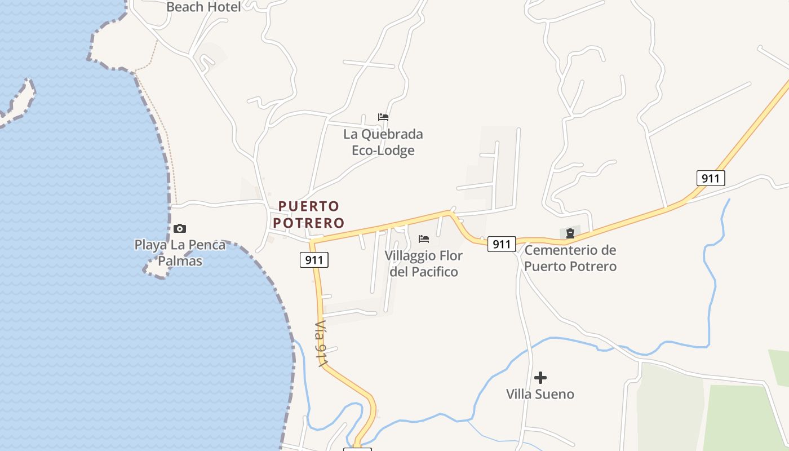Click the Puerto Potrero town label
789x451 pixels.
click(x=309, y=214)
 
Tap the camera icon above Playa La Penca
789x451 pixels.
click(x=180, y=228)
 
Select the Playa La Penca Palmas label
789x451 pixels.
click(x=180, y=253)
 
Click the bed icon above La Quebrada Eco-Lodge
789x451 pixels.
click(x=383, y=117)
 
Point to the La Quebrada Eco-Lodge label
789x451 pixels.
click(x=383, y=142)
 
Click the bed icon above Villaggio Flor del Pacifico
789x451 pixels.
click(x=424, y=239)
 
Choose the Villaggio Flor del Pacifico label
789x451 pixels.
click(x=424, y=264)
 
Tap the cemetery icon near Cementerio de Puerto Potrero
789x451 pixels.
click(x=570, y=233)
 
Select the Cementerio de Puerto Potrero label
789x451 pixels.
click(x=570, y=258)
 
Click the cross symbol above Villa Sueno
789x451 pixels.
click(x=540, y=377)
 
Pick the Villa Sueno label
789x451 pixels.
click(x=540, y=394)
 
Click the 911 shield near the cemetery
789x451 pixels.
click(x=502, y=244)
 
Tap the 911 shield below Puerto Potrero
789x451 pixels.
click(x=314, y=260)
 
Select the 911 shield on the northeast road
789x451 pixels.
click(x=710, y=179)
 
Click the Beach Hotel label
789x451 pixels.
click(x=204, y=7)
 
